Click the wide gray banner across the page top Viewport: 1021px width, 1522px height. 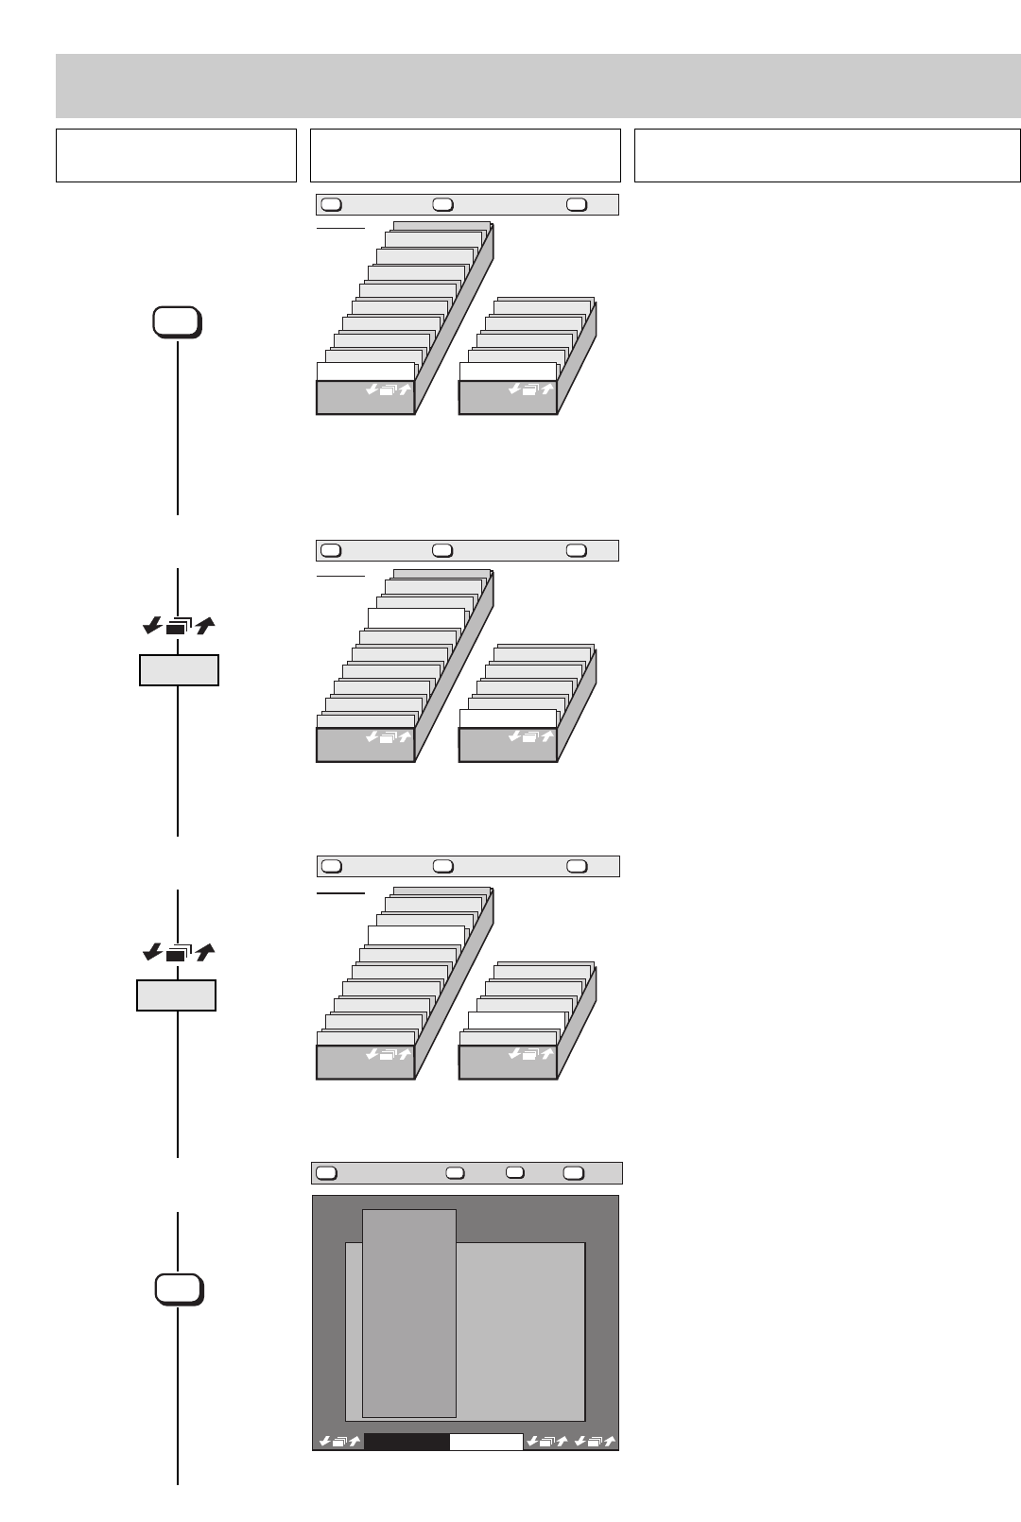pyautogui.click(x=538, y=85)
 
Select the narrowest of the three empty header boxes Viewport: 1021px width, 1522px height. pyautogui.click(x=176, y=155)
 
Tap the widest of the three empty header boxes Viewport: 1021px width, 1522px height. pyautogui.click(x=827, y=155)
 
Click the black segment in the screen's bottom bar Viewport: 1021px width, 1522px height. pyautogui.click(x=407, y=1442)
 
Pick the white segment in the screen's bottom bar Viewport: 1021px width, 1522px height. pyautogui.click(x=486, y=1442)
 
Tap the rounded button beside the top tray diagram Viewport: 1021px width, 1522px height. pyautogui.click(x=177, y=322)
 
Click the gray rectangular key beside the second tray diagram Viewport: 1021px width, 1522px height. pyautogui.click(x=179, y=669)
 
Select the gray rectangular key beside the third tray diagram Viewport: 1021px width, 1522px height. pyautogui.click(x=176, y=995)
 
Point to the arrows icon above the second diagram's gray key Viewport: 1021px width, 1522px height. pyautogui.click(x=179, y=625)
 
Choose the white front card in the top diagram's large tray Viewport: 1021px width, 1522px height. pyautogui.click(x=366, y=372)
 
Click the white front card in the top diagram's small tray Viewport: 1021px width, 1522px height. pyautogui.click(x=508, y=372)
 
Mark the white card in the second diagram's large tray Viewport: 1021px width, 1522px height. pyautogui.click(x=415, y=618)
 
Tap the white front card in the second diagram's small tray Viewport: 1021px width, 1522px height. pyautogui.click(x=508, y=718)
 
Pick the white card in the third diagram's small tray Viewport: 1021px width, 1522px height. pyautogui.click(x=516, y=1020)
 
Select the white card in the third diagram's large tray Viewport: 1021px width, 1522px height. pyautogui.click(x=415, y=935)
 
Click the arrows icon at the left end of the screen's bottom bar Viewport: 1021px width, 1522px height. pyautogui.click(x=339, y=1442)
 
